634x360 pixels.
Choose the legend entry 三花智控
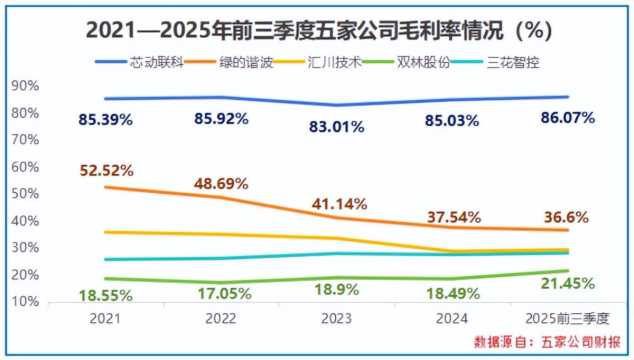513,62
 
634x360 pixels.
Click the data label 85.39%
105,120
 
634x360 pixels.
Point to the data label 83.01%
337,126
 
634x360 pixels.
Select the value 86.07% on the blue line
568,118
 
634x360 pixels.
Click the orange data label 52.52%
107,171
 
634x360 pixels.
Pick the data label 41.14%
340,204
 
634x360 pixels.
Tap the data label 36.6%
566,217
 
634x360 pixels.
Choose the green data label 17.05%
224,294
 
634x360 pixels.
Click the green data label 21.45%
568,284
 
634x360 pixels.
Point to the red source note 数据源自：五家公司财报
547,342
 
